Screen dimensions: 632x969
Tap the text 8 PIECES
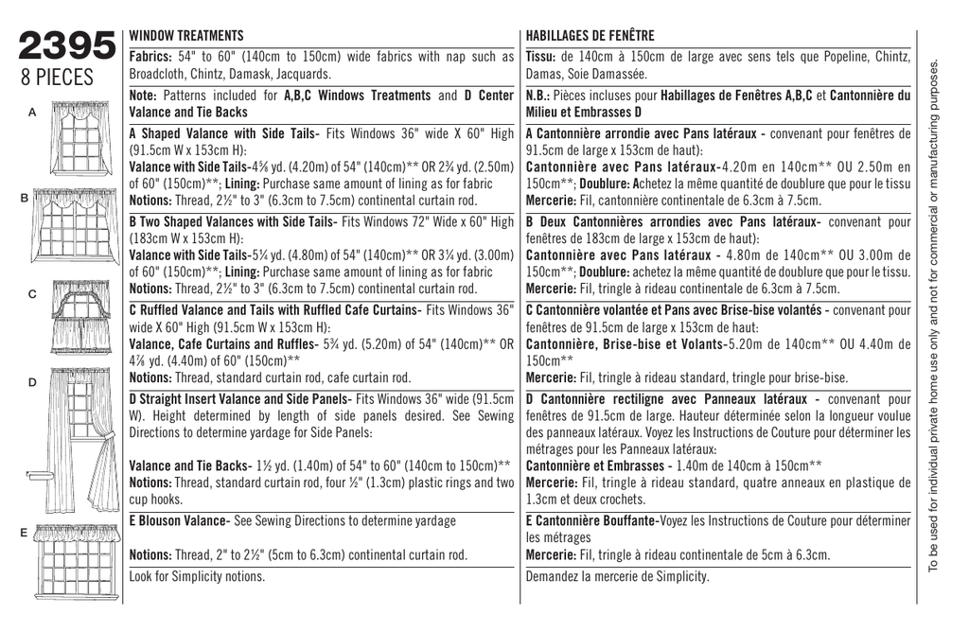click(x=63, y=77)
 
